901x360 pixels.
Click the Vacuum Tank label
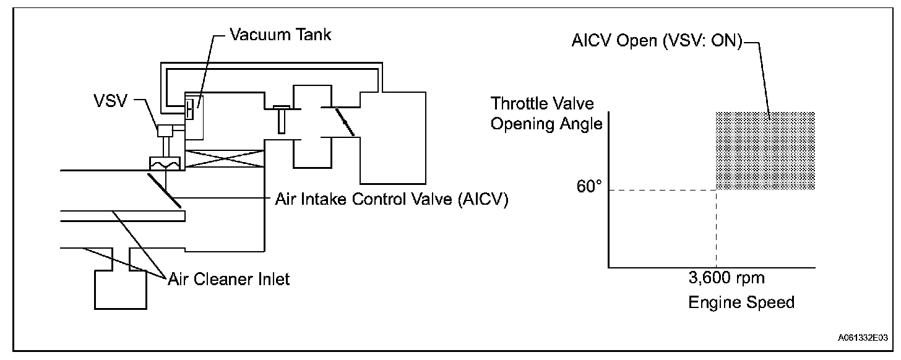point(280,35)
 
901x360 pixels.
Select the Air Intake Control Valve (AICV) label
point(390,201)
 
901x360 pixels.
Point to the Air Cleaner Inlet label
point(228,279)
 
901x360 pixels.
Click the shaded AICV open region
point(765,150)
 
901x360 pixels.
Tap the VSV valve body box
point(165,131)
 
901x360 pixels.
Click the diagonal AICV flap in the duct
point(164,189)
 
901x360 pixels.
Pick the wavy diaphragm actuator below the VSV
point(164,164)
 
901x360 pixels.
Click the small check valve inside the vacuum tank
point(189,109)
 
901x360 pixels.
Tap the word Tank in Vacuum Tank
point(311,35)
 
